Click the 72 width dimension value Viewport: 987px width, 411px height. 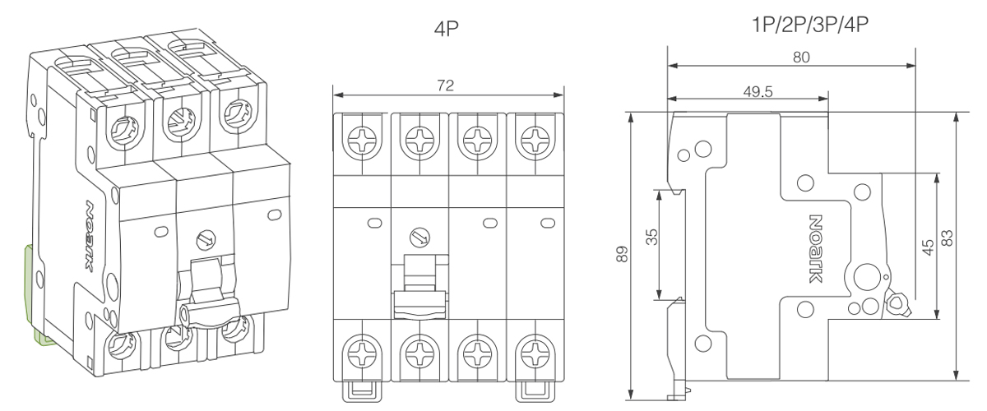[x=445, y=85]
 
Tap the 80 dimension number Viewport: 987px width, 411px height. [x=801, y=58]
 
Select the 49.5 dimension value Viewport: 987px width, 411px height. [x=758, y=91]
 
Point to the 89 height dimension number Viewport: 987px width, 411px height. [x=622, y=254]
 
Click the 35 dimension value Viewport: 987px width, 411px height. [x=651, y=237]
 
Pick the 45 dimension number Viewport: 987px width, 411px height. [x=928, y=247]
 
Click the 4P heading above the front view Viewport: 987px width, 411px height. [x=447, y=29]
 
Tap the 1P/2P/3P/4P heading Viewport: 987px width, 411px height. [x=810, y=25]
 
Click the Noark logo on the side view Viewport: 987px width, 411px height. [x=816, y=249]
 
